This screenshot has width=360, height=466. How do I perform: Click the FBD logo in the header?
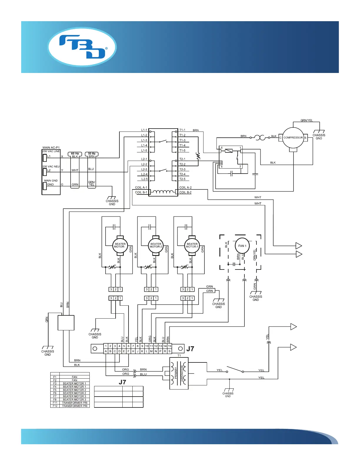[x=82, y=47]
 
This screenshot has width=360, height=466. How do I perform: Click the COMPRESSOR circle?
[x=293, y=138]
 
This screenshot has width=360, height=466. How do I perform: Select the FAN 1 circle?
[x=242, y=246]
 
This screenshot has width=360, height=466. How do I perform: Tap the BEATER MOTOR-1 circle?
[x=192, y=245]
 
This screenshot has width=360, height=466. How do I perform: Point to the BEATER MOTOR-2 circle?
[x=156, y=245]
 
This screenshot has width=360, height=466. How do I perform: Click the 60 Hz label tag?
[x=75, y=154]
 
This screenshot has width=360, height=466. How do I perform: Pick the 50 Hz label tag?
[x=92, y=154]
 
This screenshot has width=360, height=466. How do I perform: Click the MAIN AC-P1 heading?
[x=51, y=148]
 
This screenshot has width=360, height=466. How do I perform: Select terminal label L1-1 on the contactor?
[x=144, y=130]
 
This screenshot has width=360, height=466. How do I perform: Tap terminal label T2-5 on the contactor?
[x=182, y=179]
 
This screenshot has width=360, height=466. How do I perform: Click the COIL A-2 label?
[x=185, y=187]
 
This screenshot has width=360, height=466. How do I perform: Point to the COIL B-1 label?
[x=141, y=192]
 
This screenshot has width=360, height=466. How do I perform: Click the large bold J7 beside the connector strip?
[x=190, y=349]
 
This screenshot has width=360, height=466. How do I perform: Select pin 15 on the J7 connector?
[x=169, y=346]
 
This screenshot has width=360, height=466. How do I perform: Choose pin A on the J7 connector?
[x=106, y=351]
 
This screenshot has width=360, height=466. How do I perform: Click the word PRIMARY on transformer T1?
[x=176, y=373]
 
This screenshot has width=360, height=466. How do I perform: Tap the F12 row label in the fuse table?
[x=55, y=406]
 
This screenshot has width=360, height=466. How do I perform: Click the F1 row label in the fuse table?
[x=55, y=377]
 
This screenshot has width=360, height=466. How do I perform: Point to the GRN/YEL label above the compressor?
[x=306, y=120]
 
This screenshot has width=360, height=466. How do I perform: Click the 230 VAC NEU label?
[x=51, y=167]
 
